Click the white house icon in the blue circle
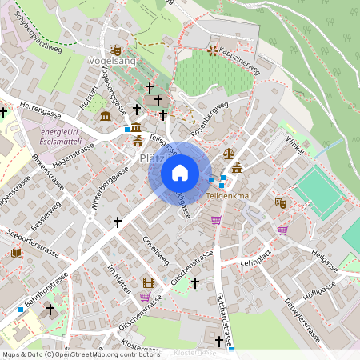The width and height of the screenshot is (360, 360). (180, 172)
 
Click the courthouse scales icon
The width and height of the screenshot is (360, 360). (229, 152)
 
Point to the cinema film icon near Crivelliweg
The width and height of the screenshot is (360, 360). (148, 282)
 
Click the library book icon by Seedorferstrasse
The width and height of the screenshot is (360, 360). (16, 253)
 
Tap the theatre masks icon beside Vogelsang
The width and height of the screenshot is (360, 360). (115, 50)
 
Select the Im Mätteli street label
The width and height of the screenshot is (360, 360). (118, 280)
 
